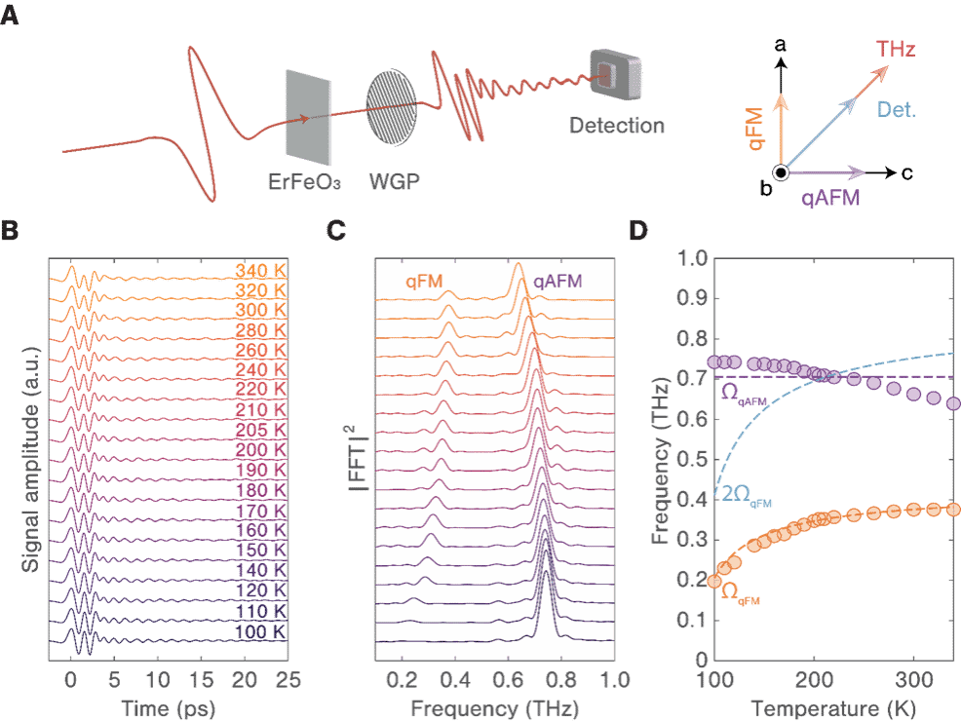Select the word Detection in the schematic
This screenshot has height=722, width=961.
point(617,126)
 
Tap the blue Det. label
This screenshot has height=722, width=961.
point(897,110)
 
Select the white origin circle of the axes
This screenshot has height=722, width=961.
point(780,172)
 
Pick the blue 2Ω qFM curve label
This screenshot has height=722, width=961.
point(748,499)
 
